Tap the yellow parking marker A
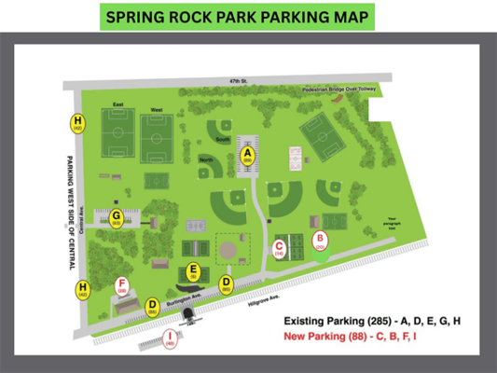point(248,155)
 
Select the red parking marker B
point(320,241)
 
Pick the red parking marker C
point(279,247)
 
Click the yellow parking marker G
point(117,217)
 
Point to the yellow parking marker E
point(193,271)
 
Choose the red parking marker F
point(121,285)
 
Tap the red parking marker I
point(170,338)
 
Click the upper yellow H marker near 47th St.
point(77,123)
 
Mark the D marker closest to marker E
point(226,283)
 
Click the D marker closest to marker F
point(152,305)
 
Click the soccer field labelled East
point(117,136)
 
